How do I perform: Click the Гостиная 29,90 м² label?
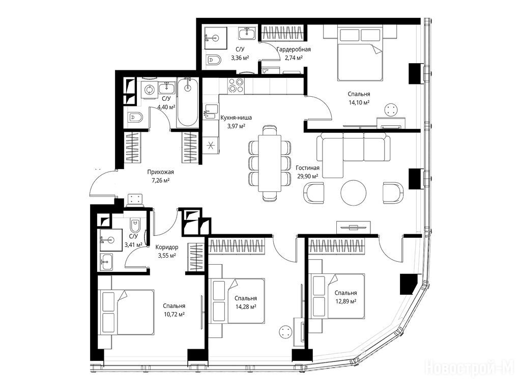click(307, 172)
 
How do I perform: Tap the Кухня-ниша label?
click(236, 118)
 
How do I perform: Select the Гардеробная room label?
click(294, 49)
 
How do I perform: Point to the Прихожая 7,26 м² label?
click(160, 176)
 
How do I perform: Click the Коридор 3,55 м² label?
click(167, 252)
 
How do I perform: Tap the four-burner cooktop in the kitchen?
click(236, 86)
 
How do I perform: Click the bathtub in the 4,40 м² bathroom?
click(188, 102)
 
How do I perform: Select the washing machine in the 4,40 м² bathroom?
click(149, 89)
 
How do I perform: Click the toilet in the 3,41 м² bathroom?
click(135, 225)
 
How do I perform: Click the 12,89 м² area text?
click(346, 301)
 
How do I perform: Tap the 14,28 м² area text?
click(246, 307)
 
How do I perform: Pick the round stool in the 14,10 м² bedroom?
click(391, 110)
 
